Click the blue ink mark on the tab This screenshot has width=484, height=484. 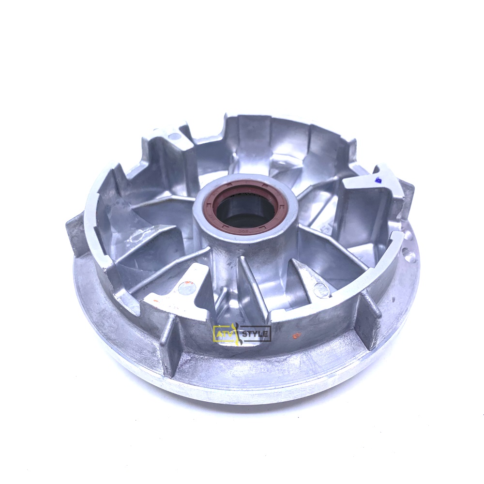377,180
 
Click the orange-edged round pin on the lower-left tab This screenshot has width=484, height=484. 187,288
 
